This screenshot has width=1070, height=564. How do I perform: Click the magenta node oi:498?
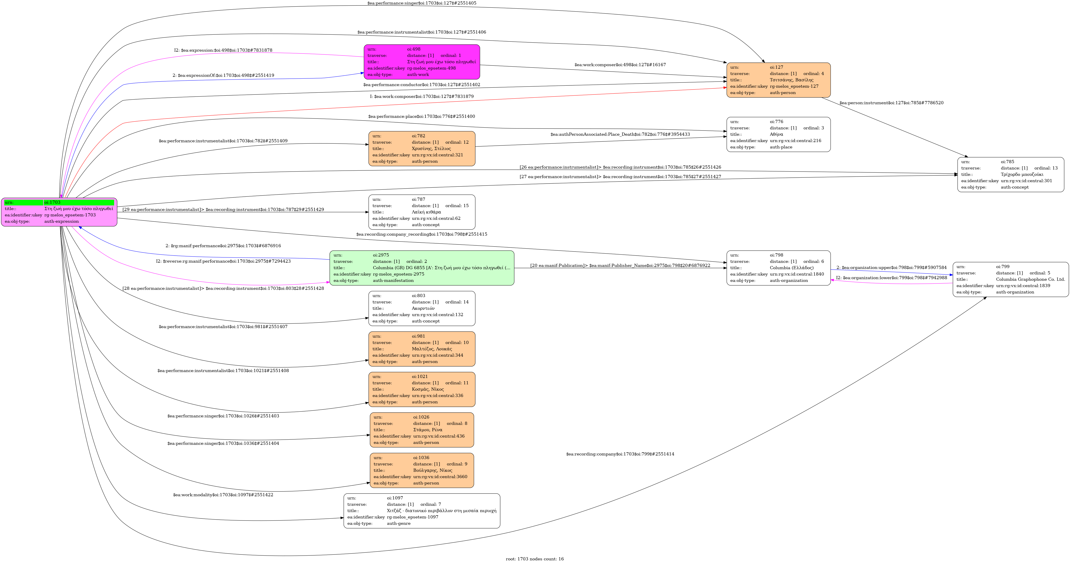click(422, 62)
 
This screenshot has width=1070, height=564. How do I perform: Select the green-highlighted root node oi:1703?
click(59, 212)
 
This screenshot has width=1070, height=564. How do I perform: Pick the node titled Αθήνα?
click(778, 134)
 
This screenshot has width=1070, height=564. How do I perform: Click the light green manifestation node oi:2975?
click(422, 268)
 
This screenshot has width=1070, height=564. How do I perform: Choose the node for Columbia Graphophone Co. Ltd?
click(1010, 279)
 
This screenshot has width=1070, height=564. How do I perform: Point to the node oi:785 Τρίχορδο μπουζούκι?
click(1010, 174)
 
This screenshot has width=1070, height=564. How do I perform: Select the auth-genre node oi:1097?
click(422, 511)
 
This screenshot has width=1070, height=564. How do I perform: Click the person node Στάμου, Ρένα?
click(422, 430)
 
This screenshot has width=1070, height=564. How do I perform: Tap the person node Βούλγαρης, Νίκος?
click(422, 470)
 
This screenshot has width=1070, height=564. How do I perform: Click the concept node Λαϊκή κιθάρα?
click(422, 212)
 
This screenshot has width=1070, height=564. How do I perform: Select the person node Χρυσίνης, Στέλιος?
click(422, 148)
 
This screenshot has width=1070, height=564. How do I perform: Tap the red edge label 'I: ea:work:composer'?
click(422, 97)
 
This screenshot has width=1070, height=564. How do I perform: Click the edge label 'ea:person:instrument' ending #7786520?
click(891, 103)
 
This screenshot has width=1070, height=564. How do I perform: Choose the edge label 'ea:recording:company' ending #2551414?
click(620, 454)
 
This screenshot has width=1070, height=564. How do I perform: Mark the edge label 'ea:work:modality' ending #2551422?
click(223, 495)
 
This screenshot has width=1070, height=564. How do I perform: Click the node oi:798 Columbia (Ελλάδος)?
click(778, 268)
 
